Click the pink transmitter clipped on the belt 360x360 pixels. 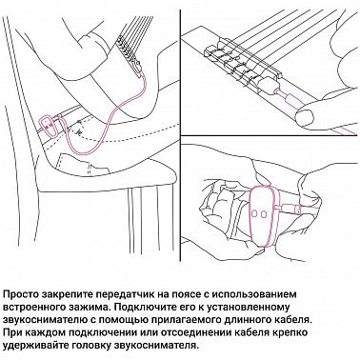coord(49,123)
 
